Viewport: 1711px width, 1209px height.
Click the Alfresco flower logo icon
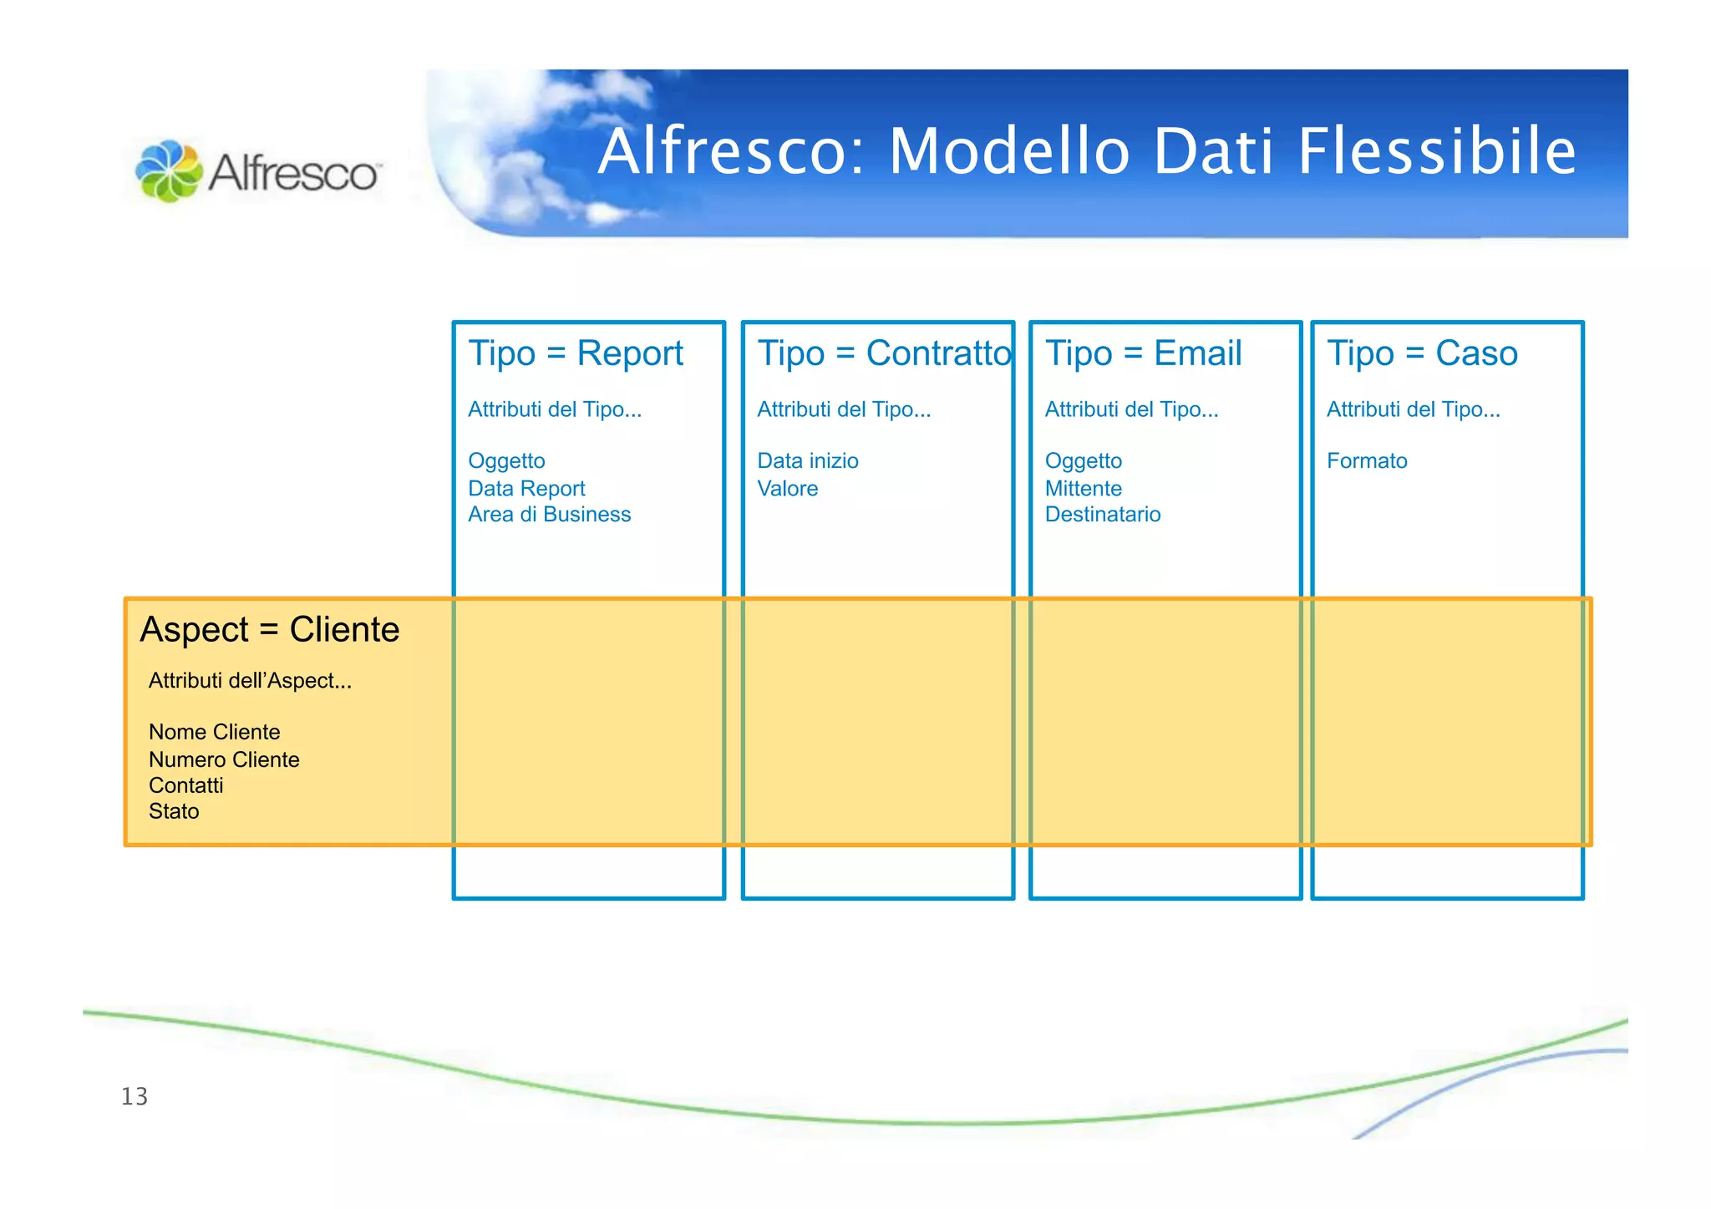click(x=169, y=171)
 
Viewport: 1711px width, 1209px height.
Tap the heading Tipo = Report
click(x=576, y=353)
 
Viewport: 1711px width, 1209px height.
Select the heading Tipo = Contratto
click(x=884, y=353)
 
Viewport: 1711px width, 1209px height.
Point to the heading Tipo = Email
click(x=1143, y=353)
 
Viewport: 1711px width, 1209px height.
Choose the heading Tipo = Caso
click(x=1422, y=353)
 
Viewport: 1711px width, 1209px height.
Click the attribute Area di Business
click(x=549, y=515)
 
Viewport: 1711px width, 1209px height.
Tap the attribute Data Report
click(x=526, y=489)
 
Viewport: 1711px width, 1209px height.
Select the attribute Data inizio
click(x=807, y=461)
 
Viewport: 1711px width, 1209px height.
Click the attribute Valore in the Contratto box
click(x=787, y=489)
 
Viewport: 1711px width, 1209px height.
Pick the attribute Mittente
click(x=1083, y=489)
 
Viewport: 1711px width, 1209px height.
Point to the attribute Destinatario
click(x=1102, y=515)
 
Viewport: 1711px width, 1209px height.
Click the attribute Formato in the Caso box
click(x=1367, y=461)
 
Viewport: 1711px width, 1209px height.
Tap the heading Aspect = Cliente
click(x=270, y=630)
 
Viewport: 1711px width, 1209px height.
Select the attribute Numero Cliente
click(x=224, y=760)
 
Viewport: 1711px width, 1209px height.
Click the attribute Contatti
click(x=185, y=786)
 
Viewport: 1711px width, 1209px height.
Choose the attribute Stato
click(x=174, y=812)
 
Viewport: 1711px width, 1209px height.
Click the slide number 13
click(x=135, y=1096)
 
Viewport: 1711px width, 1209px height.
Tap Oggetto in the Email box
click(x=1083, y=461)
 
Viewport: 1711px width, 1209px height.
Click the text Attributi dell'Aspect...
click(x=250, y=681)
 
